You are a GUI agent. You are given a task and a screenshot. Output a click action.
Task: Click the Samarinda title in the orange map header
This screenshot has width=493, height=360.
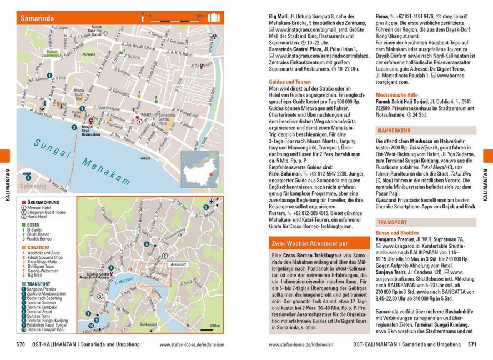pyautogui.click(x=37, y=18)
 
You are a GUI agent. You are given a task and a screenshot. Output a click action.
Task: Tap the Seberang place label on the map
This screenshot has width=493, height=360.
pyautogui.click(x=33, y=187)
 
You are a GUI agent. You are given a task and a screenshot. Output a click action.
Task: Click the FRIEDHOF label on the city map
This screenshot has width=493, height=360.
pyautogui.click(x=88, y=55)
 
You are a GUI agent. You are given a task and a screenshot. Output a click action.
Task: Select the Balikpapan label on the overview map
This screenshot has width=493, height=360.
pyautogui.click(x=148, y=324)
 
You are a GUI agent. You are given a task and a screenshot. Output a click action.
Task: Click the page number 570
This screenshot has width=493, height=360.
pyautogui.click(x=21, y=344)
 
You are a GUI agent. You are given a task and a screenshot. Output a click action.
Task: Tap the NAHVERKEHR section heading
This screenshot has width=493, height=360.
pyautogui.click(x=395, y=131)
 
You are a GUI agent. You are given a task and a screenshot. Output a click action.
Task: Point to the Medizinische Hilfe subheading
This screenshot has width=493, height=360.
pyautogui.click(x=396, y=95)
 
